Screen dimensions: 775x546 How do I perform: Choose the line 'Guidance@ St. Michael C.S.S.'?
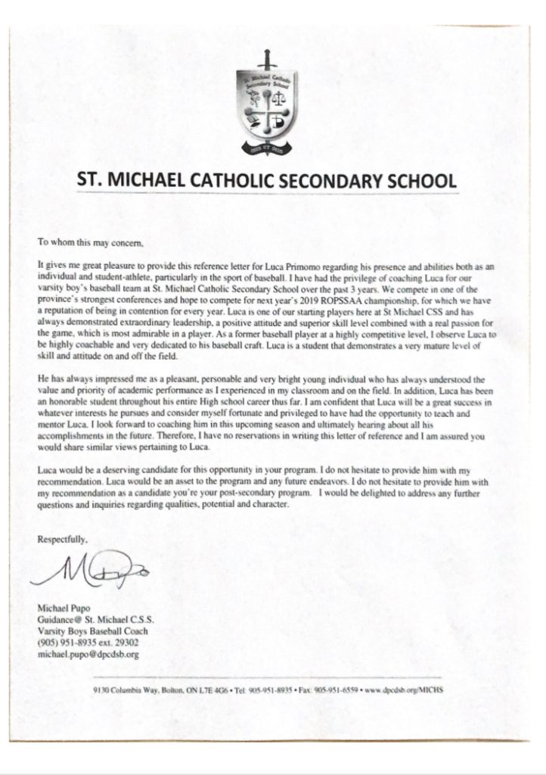click(x=87, y=619)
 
